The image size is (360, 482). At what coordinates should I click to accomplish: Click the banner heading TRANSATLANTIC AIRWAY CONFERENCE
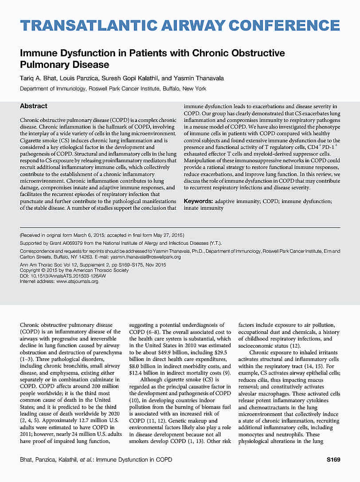[180, 26]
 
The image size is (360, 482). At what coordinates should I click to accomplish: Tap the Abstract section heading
[34, 106]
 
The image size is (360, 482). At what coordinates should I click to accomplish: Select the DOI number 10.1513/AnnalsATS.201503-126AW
[69, 276]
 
